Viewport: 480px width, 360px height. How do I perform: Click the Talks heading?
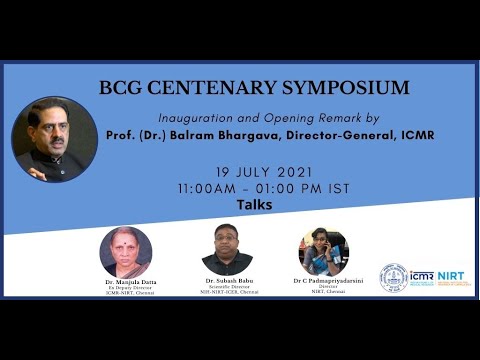coord(254,205)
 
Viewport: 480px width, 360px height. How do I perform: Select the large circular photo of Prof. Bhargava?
coord(54,139)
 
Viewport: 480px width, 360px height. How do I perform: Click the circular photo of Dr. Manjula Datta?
coord(125,252)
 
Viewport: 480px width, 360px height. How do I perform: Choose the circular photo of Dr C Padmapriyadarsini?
coord(323,252)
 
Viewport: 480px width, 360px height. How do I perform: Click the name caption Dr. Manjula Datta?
coord(125,282)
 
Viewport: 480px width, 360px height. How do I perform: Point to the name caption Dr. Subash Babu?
coord(228,281)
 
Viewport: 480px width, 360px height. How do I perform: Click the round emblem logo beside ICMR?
coord(393,277)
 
